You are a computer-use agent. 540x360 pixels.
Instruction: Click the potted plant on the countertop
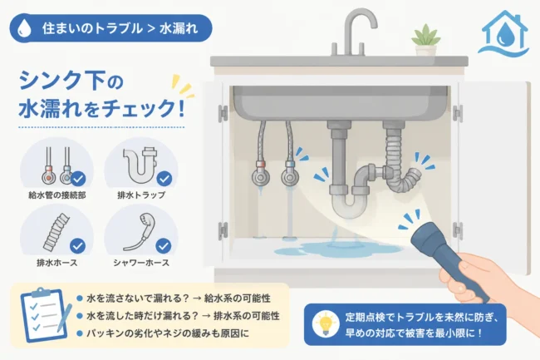[425, 41]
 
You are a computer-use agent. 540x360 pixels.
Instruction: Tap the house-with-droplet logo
[503, 33]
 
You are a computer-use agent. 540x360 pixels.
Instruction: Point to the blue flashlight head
[427, 237]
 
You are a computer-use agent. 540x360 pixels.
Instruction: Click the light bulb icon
[326, 323]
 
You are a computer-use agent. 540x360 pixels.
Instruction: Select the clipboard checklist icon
[45, 314]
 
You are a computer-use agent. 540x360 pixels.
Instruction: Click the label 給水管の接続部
[57, 195]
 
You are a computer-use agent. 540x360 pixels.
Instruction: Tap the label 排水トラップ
[141, 195]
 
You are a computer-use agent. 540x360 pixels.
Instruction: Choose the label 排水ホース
[57, 263]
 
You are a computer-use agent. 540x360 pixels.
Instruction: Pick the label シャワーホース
[141, 263]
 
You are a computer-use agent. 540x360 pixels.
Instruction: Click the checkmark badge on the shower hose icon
[163, 246]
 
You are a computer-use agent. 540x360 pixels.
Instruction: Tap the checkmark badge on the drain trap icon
[164, 179]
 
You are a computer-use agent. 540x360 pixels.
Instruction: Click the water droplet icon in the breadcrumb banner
[24, 28]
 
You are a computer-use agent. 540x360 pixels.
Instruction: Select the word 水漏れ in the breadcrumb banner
[179, 28]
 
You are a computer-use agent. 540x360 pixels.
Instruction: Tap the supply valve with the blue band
[290, 175]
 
